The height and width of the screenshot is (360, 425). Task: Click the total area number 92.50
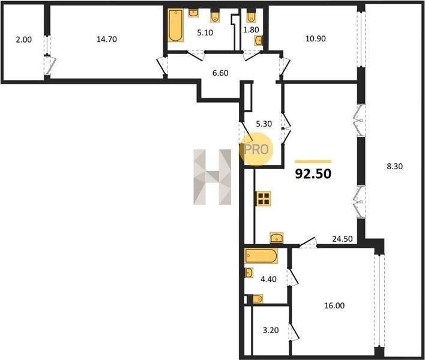313,173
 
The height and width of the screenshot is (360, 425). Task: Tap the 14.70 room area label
107,39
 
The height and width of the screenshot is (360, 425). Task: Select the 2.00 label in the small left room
24,40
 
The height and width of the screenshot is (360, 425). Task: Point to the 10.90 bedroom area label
316,39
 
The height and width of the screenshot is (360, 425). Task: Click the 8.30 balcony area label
394,166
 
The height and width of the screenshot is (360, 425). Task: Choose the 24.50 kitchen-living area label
343,239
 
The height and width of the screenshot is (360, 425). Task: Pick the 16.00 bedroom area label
335,305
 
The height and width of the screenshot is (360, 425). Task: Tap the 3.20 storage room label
271,330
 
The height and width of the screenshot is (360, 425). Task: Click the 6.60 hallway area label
220,73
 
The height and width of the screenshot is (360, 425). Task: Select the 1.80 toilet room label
252,29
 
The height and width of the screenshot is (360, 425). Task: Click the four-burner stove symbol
264,198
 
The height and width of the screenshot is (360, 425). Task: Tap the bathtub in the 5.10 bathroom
176,25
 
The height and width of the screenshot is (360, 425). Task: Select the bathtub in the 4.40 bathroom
261,256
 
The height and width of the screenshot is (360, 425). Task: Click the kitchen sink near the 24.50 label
277,237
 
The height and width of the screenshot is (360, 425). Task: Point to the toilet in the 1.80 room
252,17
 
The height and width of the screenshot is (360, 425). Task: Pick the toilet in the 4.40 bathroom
258,299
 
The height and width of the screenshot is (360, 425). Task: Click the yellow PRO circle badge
256,149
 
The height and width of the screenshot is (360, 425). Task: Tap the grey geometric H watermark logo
212,177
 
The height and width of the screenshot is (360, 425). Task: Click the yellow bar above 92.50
313,162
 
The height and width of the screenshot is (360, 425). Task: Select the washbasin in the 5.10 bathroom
193,13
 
